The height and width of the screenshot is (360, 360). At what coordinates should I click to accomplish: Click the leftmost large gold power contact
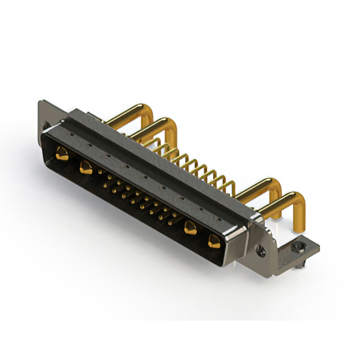tap(61, 153)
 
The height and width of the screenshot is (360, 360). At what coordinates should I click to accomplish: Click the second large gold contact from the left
tap(85, 166)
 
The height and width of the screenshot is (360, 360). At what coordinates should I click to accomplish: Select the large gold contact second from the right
tap(190, 228)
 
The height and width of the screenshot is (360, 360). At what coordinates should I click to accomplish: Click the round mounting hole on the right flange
tap(260, 247)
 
